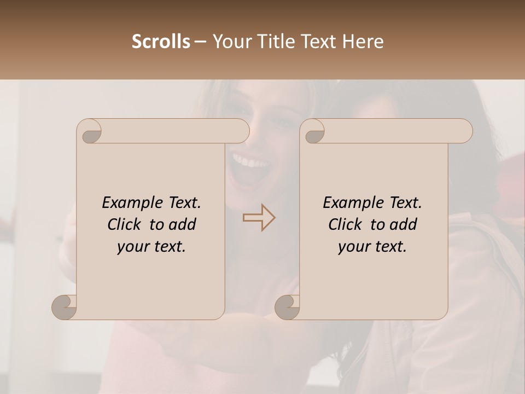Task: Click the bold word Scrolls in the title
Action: [x=161, y=42]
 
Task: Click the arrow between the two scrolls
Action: [x=259, y=218]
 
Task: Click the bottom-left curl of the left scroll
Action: [x=65, y=307]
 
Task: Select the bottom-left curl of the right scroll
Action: [x=288, y=307]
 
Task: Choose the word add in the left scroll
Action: [x=183, y=224]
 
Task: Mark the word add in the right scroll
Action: [x=404, y=224]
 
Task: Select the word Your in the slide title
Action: [x=229, y=42]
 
